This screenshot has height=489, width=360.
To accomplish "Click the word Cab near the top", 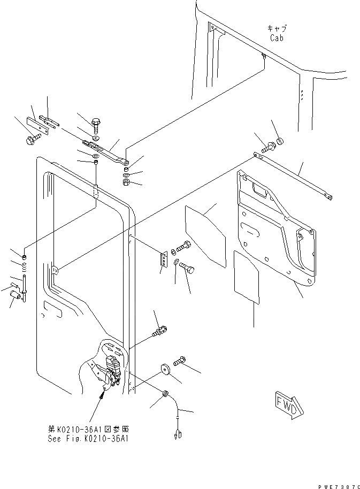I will click(x=277, y=39).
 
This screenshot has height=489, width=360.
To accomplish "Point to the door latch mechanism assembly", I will click(x=113, y=369).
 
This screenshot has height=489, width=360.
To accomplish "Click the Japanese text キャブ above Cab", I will click(x=277, y=29).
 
